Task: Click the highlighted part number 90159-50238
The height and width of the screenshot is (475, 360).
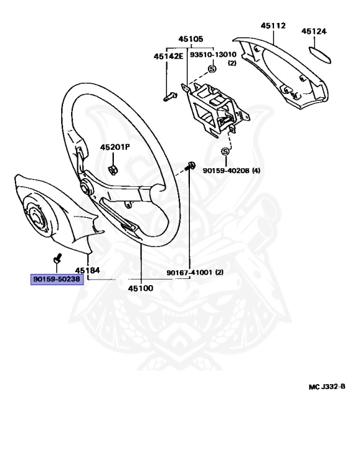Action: click(x=57, y=279)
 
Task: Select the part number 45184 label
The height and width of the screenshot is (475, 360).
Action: click(x=87, y=270)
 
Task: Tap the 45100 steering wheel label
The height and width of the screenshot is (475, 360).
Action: click(x=140, y=288)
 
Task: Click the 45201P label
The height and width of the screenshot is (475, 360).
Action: click(x=115, y=147)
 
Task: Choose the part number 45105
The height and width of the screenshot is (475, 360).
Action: click(x=191, y=39)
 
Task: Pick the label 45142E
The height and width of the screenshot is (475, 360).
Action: click(x=168, y=56)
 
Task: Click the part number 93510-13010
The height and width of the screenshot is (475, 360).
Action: click(x=213, y=55)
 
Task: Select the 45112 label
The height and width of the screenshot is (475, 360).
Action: click(x=273, y=26)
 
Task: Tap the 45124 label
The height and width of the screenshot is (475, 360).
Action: click(x=314, y=31)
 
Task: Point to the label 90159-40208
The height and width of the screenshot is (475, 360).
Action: click(x=226, y=171)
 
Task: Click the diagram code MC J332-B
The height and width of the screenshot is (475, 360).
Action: click(x=327, y=387)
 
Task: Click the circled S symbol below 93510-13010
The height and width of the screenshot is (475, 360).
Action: click(x=212, y=69)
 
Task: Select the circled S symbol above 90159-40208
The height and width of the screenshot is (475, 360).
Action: click(x=225, y=151)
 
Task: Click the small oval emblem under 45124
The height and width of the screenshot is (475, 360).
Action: click(x=320, y=55)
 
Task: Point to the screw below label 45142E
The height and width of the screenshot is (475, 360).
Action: click(x=170, y=96)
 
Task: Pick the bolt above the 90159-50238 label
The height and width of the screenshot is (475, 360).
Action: click(x=58, y=258)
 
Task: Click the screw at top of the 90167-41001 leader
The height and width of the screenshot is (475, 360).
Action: click(x=190, y=166)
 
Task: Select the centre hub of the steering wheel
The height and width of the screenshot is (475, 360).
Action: click(x=86, y=187)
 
